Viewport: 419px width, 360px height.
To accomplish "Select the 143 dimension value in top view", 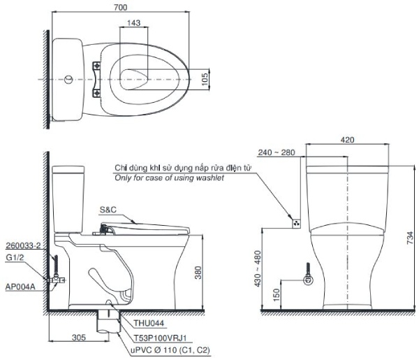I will coord(134,23).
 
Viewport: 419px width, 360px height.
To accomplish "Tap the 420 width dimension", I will coord(346,139).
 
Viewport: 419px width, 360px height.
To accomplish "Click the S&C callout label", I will coord(108,209).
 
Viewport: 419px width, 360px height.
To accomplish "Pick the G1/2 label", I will coord(15,257).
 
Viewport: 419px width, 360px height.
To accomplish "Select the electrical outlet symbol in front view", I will coord(295,224).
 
